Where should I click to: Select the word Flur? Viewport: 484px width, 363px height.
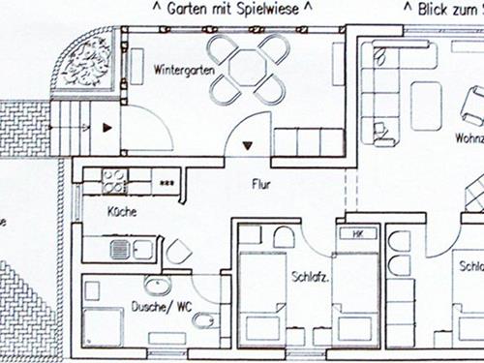point(261,183)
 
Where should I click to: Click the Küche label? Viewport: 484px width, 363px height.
point(122,211)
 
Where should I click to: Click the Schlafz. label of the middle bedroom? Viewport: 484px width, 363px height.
point(310,278)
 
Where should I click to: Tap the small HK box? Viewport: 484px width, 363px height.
point(356,234)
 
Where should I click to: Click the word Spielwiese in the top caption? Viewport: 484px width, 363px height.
point(278,9)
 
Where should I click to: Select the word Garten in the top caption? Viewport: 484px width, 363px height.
point(187,9)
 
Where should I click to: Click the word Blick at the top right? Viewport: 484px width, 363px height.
point(435,9)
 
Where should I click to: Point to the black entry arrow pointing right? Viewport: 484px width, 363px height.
point(106,126)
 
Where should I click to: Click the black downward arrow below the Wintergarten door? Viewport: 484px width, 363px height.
point(250,146)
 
